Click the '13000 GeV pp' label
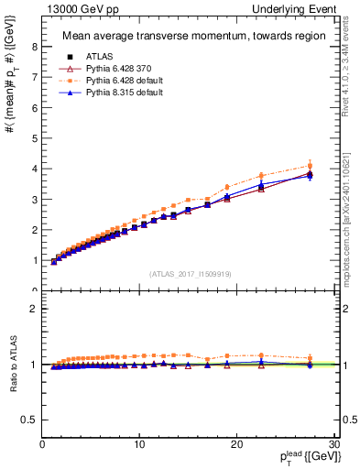[74, 8]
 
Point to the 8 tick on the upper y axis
[34, 47]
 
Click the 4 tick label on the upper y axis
[34, 169]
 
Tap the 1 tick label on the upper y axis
[34, 260]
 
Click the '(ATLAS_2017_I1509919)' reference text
[189, 273]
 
